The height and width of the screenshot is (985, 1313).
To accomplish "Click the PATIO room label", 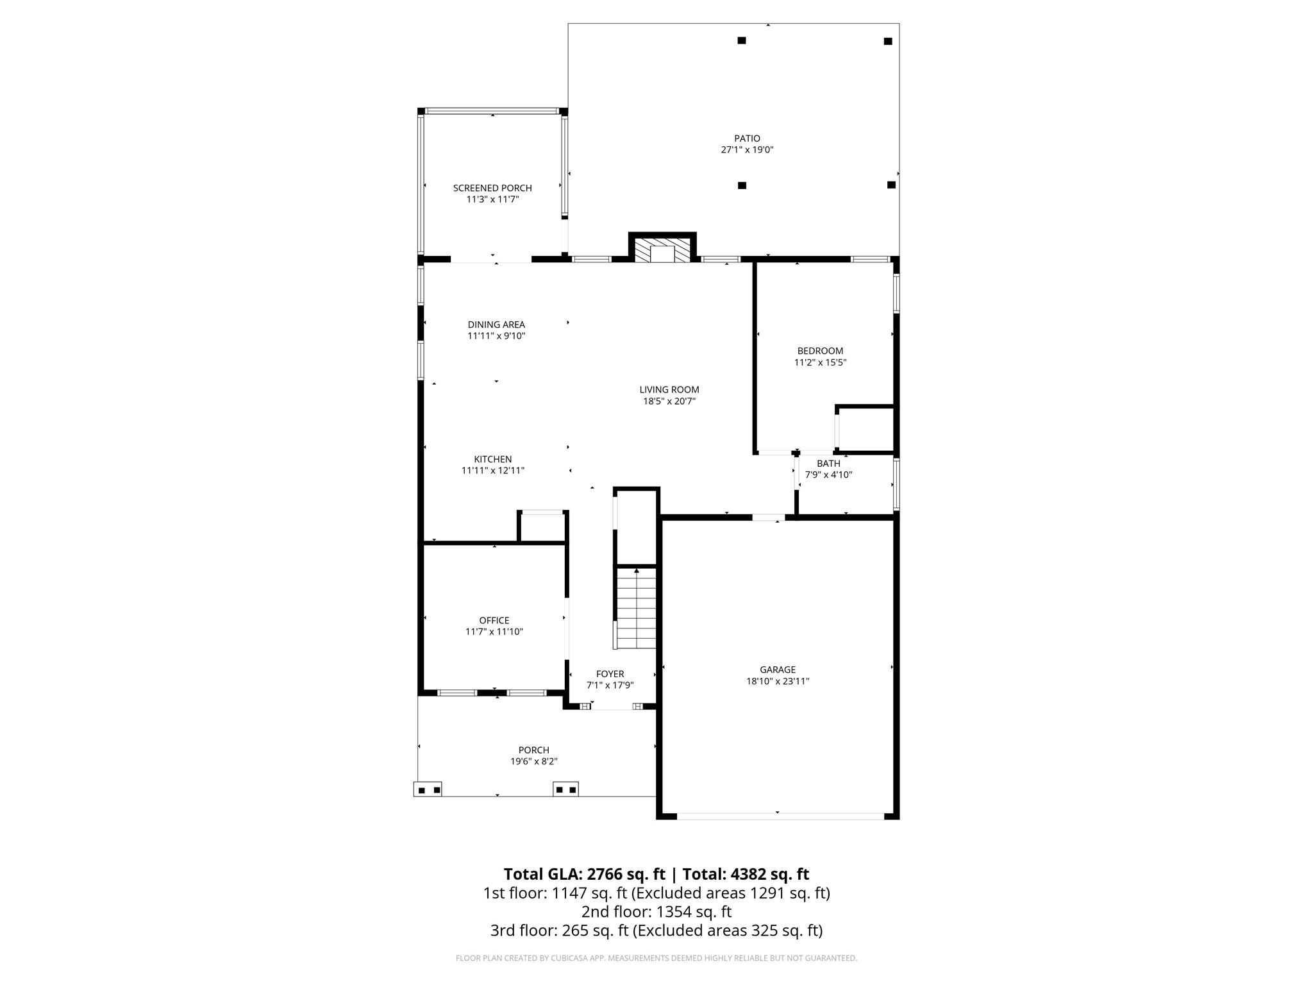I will click(x=747, y=138).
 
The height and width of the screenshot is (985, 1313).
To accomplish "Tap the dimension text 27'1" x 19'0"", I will click(x=747, y=150).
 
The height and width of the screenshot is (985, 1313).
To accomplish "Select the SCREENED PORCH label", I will click(x=492, y=188).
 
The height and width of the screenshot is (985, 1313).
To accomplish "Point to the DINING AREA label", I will click(x=496, y=324).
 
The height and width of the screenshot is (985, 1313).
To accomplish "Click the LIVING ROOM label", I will click(x=669, y=389).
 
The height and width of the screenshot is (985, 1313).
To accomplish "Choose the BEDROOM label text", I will click(x=820, y=351).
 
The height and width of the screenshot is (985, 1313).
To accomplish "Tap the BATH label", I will click(x=828, y=463).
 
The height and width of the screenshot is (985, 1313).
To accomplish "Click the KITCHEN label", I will click(x=492, y=459).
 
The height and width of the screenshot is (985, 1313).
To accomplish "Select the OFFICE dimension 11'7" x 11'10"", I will click(x=494, y=632).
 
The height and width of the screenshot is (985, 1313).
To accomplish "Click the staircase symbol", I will click(x=636, y=609).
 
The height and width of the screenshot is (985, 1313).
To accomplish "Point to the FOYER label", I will click(x=610, y=674).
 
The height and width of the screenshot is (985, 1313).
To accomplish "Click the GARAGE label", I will click(x=778, y=669).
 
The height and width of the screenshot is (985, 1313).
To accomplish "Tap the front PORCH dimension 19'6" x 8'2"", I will click(x=533, y=762).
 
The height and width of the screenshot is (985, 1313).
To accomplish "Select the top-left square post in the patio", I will click(x=742, y=40).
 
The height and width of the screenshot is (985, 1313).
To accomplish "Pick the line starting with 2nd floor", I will click(x=656, y=911).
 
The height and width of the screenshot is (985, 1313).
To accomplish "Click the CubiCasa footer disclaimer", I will click(x=656, y=958).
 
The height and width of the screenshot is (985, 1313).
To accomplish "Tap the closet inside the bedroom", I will click(x=866, y=429).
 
